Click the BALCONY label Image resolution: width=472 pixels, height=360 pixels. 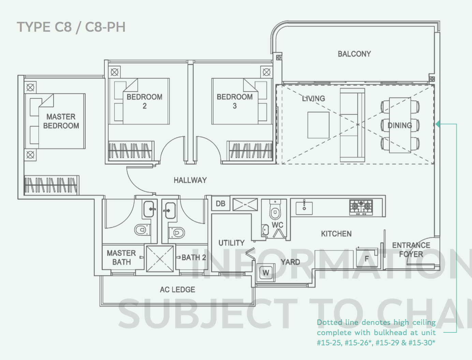coord(354,54)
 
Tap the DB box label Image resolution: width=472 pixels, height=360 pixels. coord(220,203)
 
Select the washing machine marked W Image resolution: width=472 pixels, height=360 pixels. coord(266,272)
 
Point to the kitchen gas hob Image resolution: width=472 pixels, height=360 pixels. coord(361,207)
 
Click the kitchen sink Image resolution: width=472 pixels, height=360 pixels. coord(304,208)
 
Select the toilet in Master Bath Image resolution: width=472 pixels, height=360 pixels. coord(142,230)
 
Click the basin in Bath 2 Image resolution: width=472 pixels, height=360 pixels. coord(170,211)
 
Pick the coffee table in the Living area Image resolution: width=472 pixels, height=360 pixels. coord(318,125)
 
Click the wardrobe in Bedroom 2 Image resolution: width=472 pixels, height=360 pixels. coord(131,151)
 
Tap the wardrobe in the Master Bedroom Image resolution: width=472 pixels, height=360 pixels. coord(51,185)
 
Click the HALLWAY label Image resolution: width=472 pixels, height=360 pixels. coord(190,180)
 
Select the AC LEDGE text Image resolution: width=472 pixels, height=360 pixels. coord(177,289)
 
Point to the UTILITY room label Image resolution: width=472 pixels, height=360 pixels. coord(231,243)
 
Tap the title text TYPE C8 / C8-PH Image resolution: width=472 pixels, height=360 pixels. coord(71,27)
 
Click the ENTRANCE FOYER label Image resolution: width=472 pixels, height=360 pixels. coord(411,250)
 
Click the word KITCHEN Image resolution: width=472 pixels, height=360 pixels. coord(336,234)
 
